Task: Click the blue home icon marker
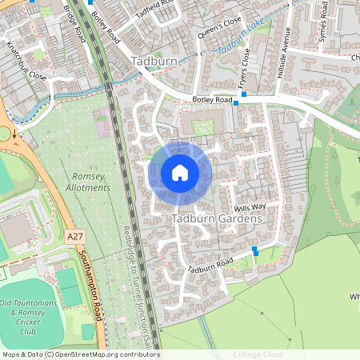point(180,173)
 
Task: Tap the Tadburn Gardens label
point(216,218)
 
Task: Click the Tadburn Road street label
point(210,266)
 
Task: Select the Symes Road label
point(322,21)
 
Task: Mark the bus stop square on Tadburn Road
point(255,250)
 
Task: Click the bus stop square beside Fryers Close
point(245,94)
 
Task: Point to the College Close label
point(258,354)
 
